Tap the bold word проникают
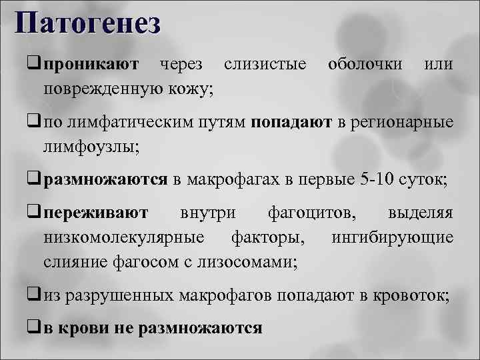(92, 65)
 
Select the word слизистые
(265, 65)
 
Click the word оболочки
(365, 65)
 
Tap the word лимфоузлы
(90, 145)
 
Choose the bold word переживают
(96, 215)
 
